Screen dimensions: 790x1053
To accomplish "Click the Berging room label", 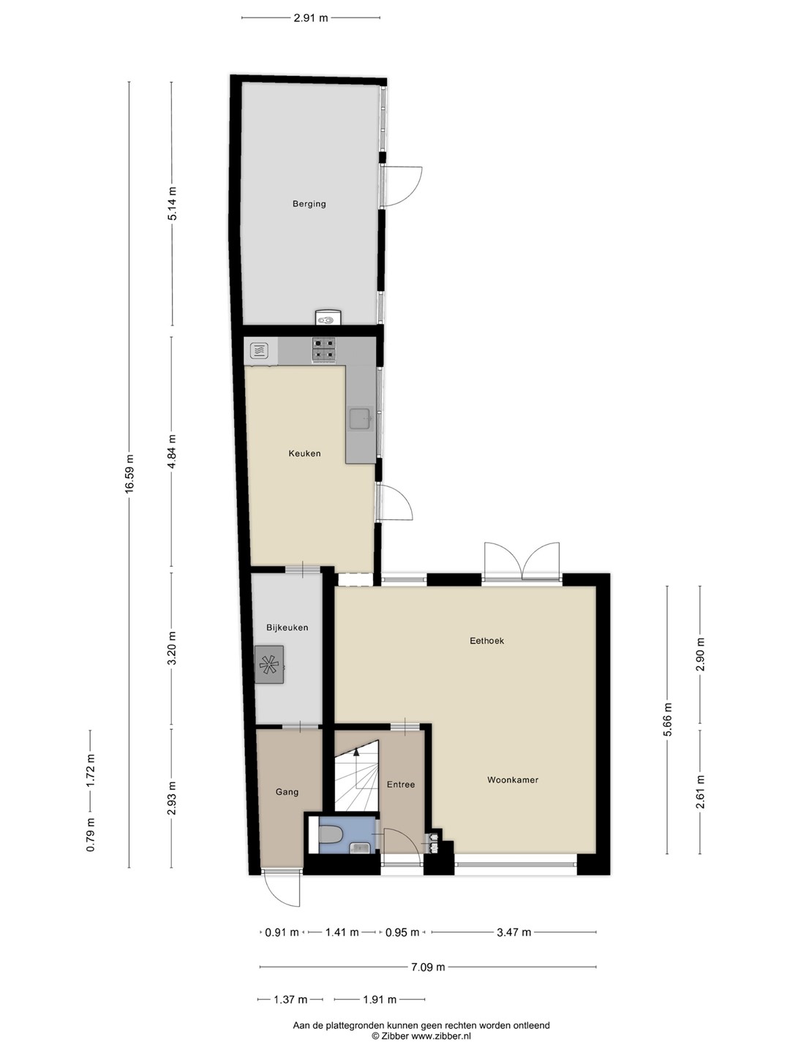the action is point(309,204).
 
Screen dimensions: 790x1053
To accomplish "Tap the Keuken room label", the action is point(304,453).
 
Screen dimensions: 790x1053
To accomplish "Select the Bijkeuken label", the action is point(287,627).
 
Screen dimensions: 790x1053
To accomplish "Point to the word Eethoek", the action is point(487,641).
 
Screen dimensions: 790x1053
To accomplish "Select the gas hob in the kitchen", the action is point(324,350).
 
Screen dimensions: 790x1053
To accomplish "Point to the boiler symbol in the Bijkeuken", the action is point(269,665).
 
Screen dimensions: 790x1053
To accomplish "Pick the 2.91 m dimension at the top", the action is point(311,18).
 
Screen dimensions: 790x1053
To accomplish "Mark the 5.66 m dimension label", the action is point(668,719).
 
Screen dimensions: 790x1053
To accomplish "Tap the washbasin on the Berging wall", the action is point(328,317).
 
